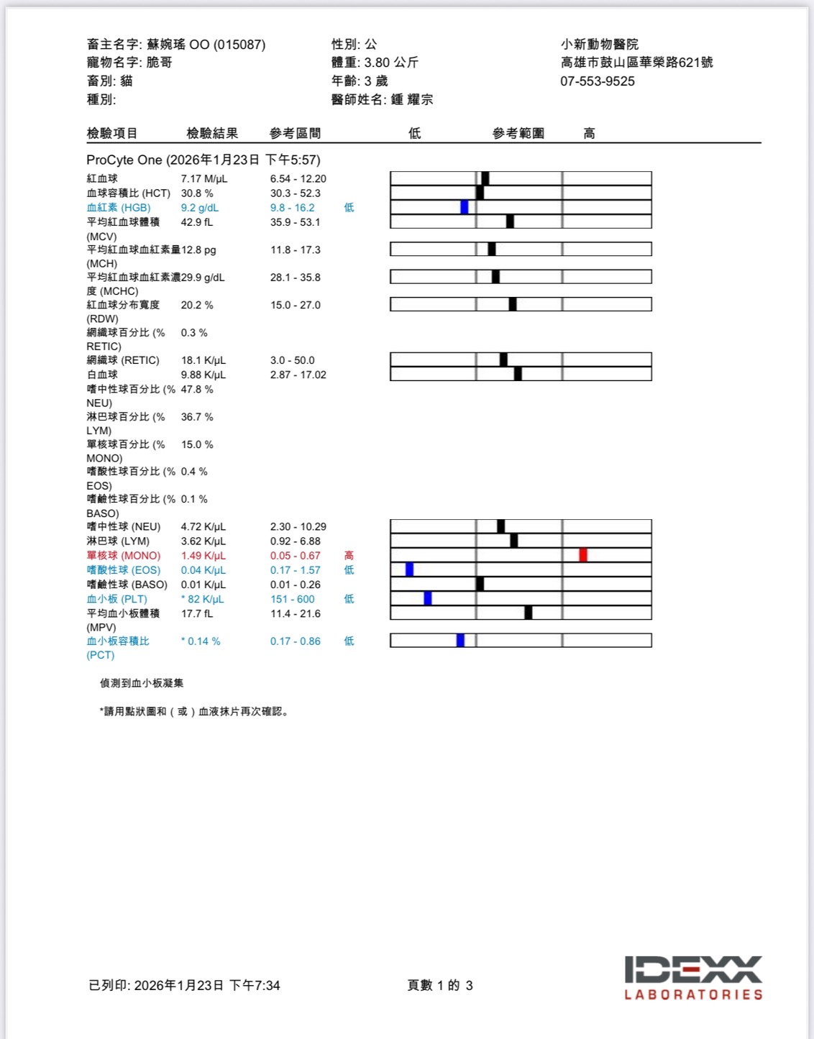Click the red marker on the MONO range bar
[x=583, y=555]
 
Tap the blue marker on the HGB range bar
[x=465, y=207]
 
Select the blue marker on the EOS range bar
[x=410, y=569]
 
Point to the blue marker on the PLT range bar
[x=428, y=598]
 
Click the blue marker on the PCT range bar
[x=460, y=641]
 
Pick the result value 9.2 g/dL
[x=200, y=208]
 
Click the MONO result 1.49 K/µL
[x=203, y=556]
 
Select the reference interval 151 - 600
[x=293, y=599]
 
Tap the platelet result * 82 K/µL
[x=203, y=599]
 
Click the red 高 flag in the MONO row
[x=349, y=556]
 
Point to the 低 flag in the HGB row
[x=349, y=208]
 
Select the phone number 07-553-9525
[x=598, y=81]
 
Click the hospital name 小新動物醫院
[x=600, y=45]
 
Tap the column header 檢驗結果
[x=212, y=133]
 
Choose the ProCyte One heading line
[x=203, y=160]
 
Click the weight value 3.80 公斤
[x=391, y=63]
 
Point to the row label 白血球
[x=102, y=375]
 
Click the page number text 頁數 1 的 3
[x=440, y=985]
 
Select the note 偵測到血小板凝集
[x=142, y=683]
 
